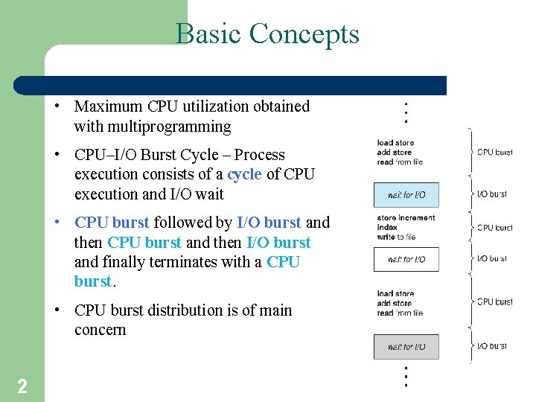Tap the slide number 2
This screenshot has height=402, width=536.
pyautogui.click(x=22, y=386)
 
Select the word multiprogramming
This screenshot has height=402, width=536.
pyautogui.click(x=153, y=127)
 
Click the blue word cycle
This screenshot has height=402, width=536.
pyautogui.click(x=244, y=174)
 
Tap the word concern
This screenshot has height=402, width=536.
pyautogui.click(x=100, y=330)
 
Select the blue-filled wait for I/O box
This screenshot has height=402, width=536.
pyautogui.click(x=406, y=195)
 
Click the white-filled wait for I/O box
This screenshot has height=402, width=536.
pyautogui.click(x=406, y=259)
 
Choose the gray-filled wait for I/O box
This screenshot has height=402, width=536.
pyautogui.click(x=406, y=347)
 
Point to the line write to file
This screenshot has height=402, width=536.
pyautogui.click(x=396, y=237)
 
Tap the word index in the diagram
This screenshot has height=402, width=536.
pyautogui.click(x=387, y=228)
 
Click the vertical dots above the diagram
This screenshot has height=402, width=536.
pyautogui.click(x=405, y=112)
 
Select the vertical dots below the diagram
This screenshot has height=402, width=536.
pyautogui.click(x=405, y=376)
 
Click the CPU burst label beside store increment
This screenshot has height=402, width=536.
pyautogui.click(x=494, y=228)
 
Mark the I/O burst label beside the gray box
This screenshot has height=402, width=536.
pyautogui.click(x=491, y=346)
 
